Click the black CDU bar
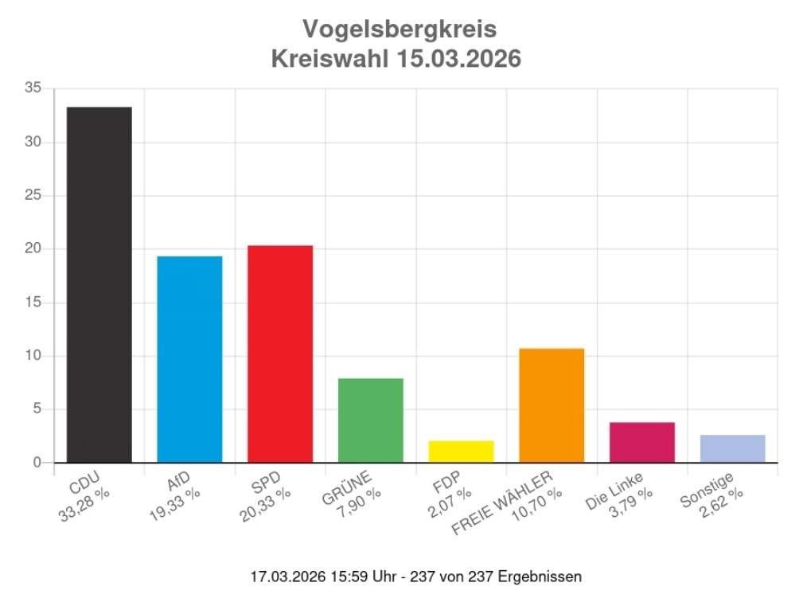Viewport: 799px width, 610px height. [x=99, y=284]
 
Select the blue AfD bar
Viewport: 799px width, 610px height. [x=189, y=359]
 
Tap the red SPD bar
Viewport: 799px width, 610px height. [x=280, y=354]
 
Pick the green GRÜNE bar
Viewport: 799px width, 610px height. [x=371, y=420]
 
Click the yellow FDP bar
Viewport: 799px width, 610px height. [x=461, y=452]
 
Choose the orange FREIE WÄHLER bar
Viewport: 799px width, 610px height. [x=552, y=405]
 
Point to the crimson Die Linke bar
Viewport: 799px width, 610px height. [x=642, y=442]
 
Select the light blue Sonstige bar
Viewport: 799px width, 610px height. [x=732, y=448]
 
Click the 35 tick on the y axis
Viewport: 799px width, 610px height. [x=33, y=88]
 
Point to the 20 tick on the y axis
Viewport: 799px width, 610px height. [x=33, y=248]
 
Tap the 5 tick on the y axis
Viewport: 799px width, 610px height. [x=37, y=409]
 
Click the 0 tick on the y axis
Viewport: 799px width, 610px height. [x=37, y=463]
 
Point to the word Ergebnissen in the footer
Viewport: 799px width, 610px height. [x=539, y=576]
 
